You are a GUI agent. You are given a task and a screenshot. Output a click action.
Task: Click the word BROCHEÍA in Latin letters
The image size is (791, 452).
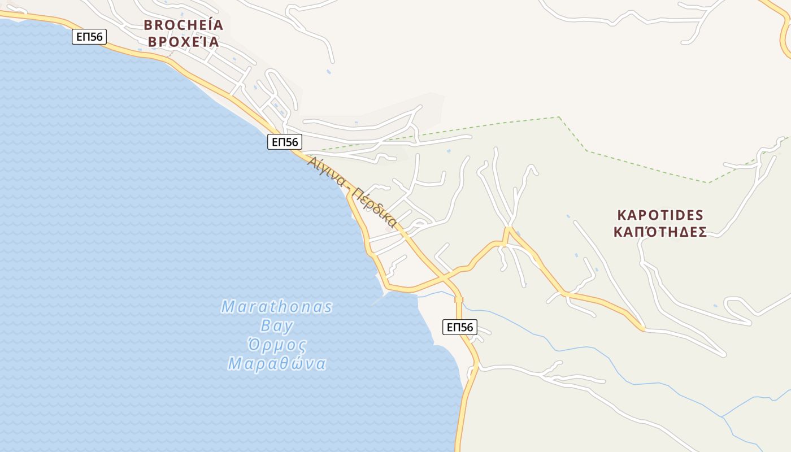pyautogui.click(x=183, y=25)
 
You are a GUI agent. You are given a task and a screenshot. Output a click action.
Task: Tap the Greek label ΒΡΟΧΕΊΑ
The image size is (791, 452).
pyautogui.click(x=183, y=42)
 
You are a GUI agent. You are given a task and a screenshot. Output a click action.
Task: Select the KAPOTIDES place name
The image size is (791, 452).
pyautogui.click(x=660, y=215)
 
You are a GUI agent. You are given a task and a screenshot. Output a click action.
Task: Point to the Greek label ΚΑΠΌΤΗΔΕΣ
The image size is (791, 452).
pyautogui.click(x=660, y=232)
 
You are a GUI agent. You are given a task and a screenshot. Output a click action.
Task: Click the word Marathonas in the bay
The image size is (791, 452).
pyautogui.click(x=276, y=307)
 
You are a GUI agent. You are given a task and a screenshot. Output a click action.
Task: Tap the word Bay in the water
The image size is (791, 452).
pyautogui.click(x=277, y=325)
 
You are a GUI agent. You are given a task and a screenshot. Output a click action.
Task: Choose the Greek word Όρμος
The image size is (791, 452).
pyautogui.click(x=277, y=345)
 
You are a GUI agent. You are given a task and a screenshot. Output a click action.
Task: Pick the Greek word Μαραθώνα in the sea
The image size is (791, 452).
pyautogui.click(x=277, y=363)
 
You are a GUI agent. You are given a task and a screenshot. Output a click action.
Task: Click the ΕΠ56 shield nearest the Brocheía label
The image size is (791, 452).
pyautogui.click(x=89, y=37)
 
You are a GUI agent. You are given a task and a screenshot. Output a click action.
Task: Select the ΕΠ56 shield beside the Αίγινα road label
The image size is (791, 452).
pyautogui.click(x=285, y=142)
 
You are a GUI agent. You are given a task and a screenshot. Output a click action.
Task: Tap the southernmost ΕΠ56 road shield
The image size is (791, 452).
pyautogui.click(x=459, y=327)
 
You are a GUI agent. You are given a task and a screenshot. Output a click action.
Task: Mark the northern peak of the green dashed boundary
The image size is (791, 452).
pyautogui.click(x=559, y=117)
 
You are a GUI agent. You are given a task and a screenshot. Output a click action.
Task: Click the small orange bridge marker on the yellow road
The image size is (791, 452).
pyautogui.click(x=459, y=299)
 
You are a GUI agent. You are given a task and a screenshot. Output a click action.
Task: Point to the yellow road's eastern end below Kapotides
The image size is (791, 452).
pyautogui.click(x=642, y=328)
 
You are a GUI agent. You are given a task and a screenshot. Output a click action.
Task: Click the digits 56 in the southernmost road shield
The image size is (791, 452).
pyautogui.click(x=466, y=327)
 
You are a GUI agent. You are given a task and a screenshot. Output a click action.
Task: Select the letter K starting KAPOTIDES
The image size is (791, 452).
pyautogui.click(x=622, y=215)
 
